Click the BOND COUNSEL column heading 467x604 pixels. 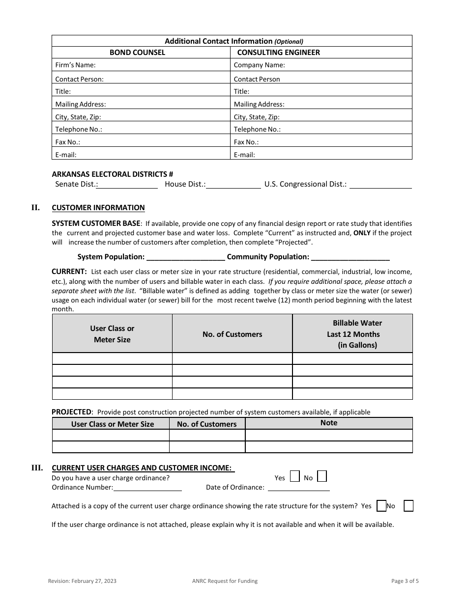pyautogui.click(x=137, y=53)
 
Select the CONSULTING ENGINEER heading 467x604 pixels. pyautogui.click(x=278, y=53)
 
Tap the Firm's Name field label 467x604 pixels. pyautogui.click(x=75, y=65)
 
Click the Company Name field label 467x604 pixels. pyautogui.click(x=259, y=65)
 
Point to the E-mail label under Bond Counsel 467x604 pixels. pyautogui.click(x=66, y=155)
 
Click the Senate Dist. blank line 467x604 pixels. pyautogui.click(x=127, y=185)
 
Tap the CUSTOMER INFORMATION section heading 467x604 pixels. pyautogui.click(x=98, y=208)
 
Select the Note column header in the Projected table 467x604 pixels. pyautogui.click(x=329, y=423)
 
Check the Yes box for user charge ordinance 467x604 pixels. pyautogui.click(x=295, y=476)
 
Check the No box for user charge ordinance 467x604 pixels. pyautogui.click(x=322, y=476)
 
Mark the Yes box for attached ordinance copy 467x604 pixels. pyautogui.click(x=381, y=506)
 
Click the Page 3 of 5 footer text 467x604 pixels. pyautogui.click(x=405, y=581)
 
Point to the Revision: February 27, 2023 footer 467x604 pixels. pyautogui.click(x=82, y=581)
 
